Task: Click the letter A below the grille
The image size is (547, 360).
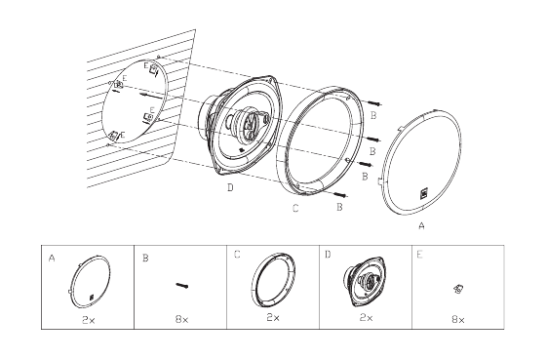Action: click(421, 226)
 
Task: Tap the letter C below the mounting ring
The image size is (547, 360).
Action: click(295, 208)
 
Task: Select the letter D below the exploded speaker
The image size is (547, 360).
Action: click(230, 187)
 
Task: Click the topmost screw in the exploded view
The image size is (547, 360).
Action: click(374, 103)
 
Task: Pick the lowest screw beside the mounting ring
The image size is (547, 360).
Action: click(341, 194)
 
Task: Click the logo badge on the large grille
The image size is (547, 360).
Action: click(424, 193)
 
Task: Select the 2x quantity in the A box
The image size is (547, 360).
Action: click(89, 320)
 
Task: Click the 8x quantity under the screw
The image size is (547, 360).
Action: click(181, 319)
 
